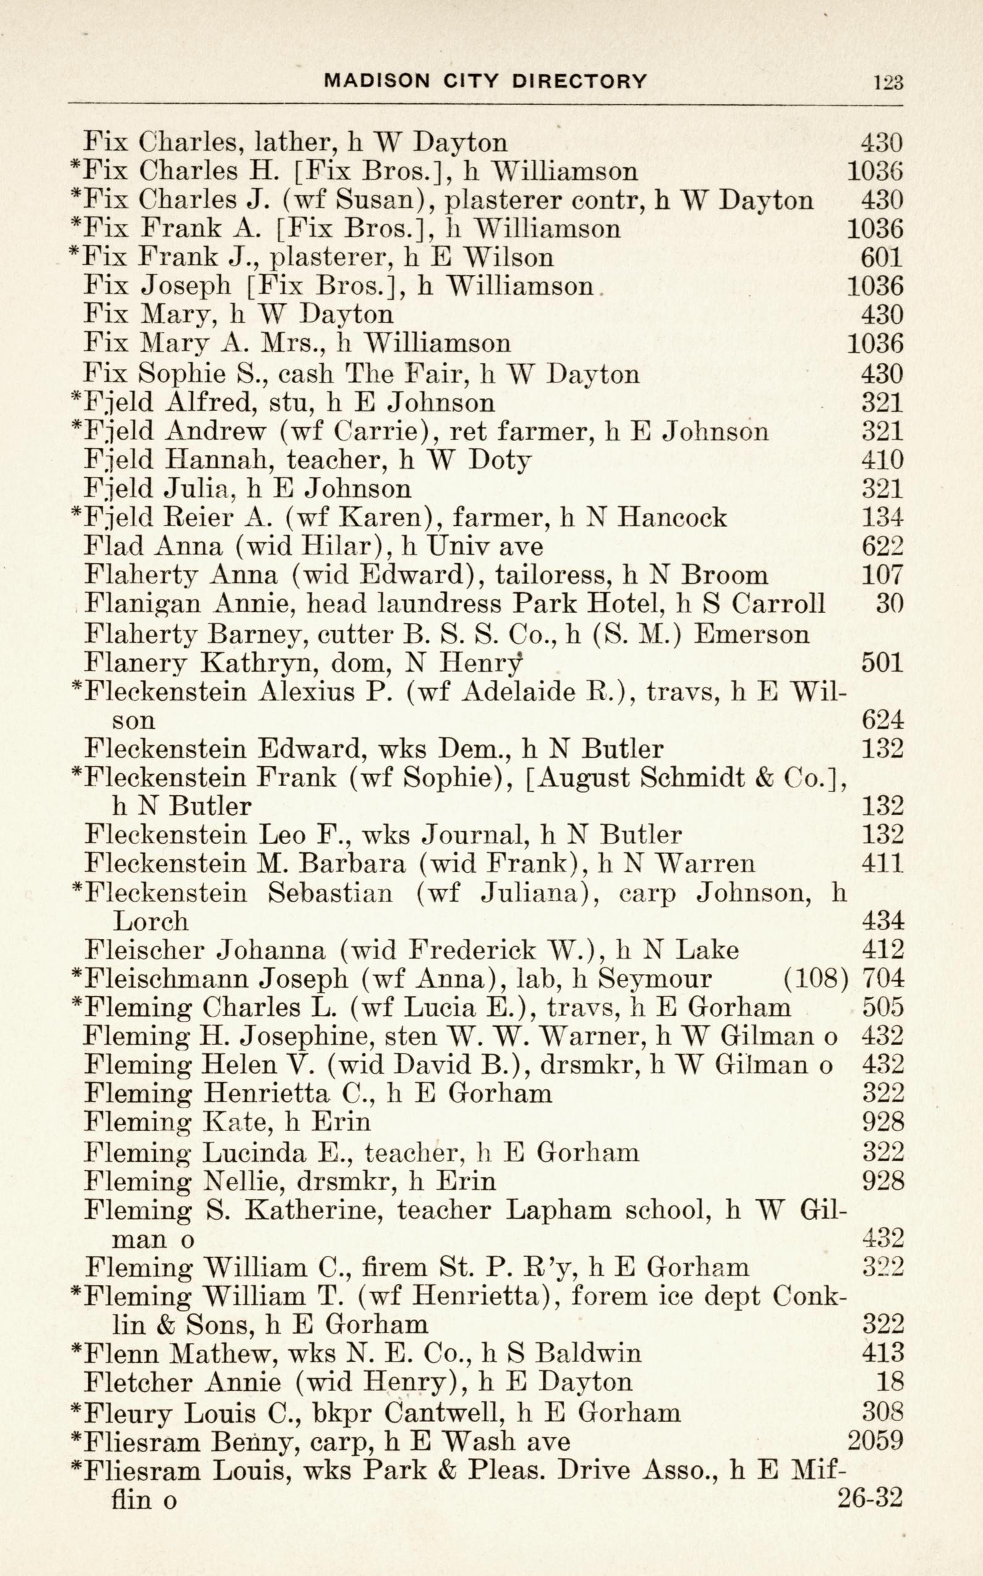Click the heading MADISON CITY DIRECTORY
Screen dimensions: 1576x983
(486, 81)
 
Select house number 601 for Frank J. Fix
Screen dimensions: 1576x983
(882, 258)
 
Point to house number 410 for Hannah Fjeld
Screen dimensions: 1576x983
(882, 460)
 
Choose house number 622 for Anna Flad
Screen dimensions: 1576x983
(882, 546)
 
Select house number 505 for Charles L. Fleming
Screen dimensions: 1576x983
(882, 1007)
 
